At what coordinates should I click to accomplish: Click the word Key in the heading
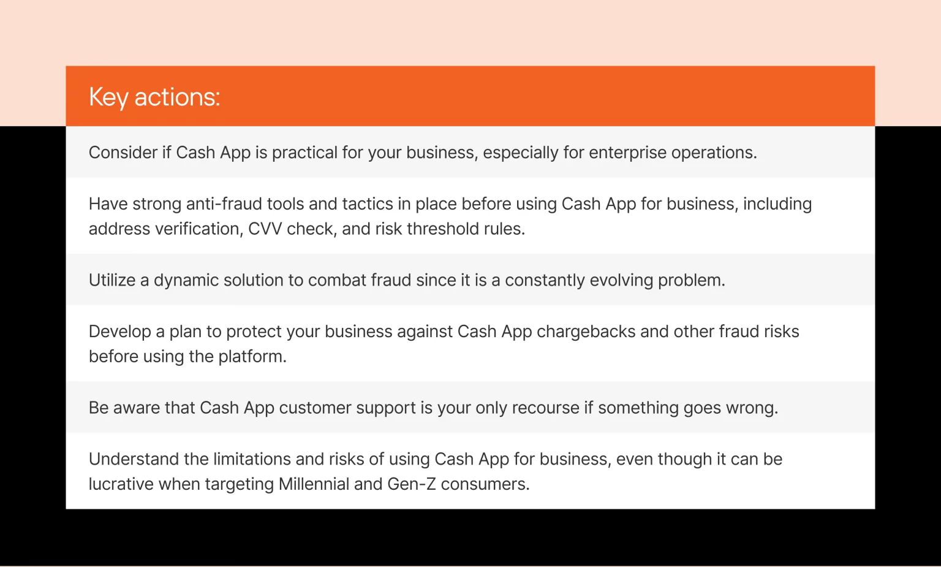click(x=108, y=97)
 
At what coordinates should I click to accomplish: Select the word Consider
click(x=123, y=152)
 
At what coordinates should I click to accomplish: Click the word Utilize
click(x=112, y=280)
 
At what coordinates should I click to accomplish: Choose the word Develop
click(x=120, y=332)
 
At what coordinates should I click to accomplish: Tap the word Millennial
click(x=314, y=484)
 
